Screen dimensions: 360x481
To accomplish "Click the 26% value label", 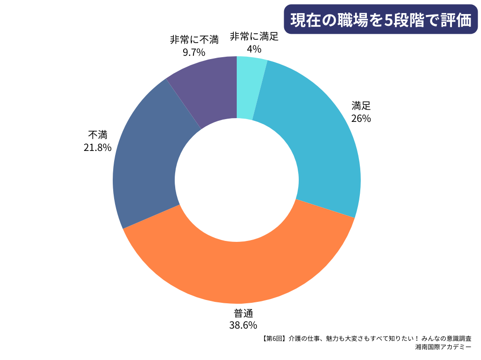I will pyautogui.click(x=361, y=119).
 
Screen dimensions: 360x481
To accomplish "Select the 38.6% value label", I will pyautogui.click(x=243, y=325).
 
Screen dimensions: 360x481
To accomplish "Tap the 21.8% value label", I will pyautogui.click(x=98, y=148).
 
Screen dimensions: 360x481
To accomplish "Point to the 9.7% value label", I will pyautogui.click(x=194, y=52).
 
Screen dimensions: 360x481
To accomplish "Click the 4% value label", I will pyautogui.click(x=254, y=49).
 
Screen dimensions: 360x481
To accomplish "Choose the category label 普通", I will pyautogui.click(x=243, y=314).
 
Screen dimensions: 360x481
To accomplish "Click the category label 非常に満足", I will pyautogui.click(x=254, y=37).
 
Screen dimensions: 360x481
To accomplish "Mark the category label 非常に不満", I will pyautogui.click(x=194, y=40).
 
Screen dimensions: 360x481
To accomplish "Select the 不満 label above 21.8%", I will pyautogui.click(x=98, y=135).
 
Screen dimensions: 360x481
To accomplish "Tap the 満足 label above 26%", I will pyautogui.click(x=361, y=106).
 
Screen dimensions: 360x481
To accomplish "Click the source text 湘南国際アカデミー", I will pyautogui.click(x=443, y=347).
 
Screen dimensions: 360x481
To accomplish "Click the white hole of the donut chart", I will pyautogui.click(x=237, y=180).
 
